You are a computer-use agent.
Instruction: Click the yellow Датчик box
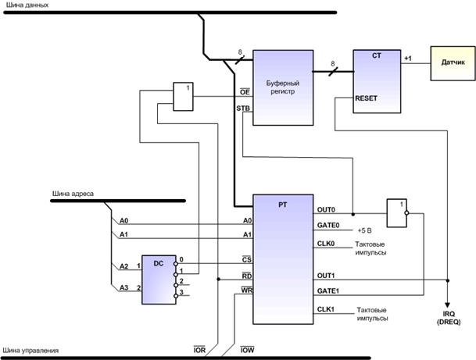pos(453,63)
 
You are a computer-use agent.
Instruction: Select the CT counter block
pos(377,81)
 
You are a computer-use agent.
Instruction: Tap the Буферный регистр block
pos(283,87)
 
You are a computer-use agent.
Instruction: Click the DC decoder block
pos(159,280)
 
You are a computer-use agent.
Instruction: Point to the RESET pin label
pos(366,98)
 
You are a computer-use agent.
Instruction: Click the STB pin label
pos(243,108)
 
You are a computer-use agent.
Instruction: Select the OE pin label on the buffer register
pos(245,91)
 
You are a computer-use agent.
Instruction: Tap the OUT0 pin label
pos(326,209)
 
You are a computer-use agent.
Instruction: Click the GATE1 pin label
pos(328,290)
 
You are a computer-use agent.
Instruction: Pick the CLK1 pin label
pos(326,309)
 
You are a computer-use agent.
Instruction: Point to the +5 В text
pos(364,230)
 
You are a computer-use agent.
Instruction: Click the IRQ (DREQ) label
pos(449,318)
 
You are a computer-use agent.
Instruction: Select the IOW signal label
pos(247,350)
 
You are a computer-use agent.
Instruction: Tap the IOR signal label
pos(199,350)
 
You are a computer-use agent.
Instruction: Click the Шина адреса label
pos(73,194)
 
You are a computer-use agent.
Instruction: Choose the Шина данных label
pos(27,5)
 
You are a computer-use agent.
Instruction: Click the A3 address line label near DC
pos(123,287)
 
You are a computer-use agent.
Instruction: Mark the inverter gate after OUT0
pos(397,213)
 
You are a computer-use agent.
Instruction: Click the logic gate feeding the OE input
pos(183,97)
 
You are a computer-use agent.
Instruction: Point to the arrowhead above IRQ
pos(447,305)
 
